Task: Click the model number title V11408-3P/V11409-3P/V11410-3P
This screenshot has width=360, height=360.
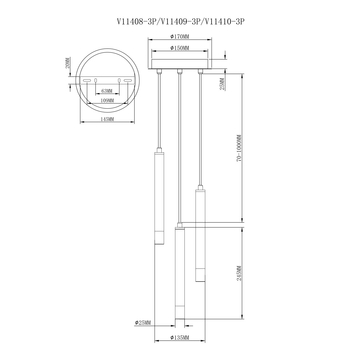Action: pos(179,19)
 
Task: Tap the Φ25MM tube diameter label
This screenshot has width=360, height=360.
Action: pos(142,323)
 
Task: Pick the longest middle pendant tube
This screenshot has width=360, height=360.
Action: pos(180,275)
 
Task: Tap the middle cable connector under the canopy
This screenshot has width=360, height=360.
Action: pos(180,75)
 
